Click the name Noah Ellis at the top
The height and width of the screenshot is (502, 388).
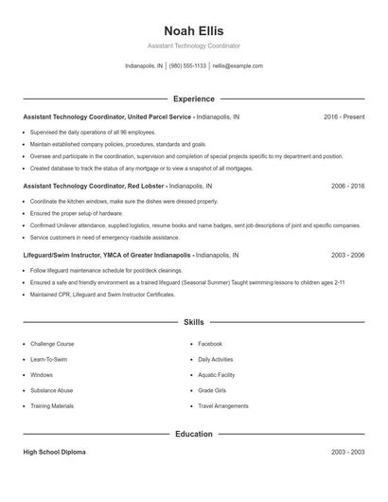point(193,31)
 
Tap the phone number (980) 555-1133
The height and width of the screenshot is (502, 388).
point(187,66)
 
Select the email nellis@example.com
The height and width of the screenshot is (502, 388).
point(237,66)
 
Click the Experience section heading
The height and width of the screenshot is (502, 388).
point(193,99)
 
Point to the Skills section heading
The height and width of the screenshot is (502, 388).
point(193,322)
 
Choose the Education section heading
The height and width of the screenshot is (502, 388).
point(193,434)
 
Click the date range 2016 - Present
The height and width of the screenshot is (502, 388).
point(344,117)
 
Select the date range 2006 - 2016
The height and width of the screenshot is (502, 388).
point(347,187)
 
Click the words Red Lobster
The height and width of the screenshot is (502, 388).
point(146,187)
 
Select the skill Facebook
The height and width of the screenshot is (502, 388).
point(210,344)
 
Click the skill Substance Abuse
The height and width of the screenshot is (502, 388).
point(51,390)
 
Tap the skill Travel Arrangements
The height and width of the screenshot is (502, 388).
point(222,405)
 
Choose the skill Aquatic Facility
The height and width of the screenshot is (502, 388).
point(216,375)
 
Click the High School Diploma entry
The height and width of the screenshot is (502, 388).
point(54,452)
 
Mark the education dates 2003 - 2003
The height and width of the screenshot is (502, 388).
point(347,452)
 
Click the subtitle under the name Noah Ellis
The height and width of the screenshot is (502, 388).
point(193,45)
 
